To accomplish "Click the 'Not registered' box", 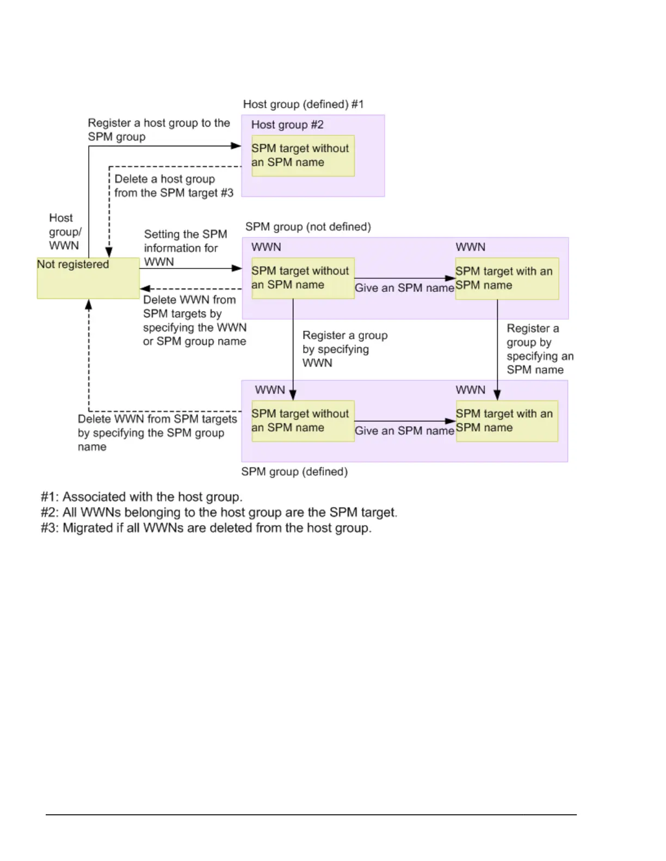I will [88, 278].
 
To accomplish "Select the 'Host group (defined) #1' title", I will [303, 104].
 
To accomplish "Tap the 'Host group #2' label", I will [287, 125].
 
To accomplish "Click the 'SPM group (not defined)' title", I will [308, 227].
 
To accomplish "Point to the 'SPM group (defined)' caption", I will [294, 471].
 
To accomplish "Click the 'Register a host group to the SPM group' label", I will [159, 130].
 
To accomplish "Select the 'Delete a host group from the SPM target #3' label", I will [174, 186].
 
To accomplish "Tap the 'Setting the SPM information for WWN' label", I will [185, 248].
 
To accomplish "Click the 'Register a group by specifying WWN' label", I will [344, 349].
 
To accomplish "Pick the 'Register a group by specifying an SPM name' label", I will [539, 349].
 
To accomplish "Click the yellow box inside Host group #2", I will [303, 155].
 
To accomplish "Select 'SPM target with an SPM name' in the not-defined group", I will [507, 278].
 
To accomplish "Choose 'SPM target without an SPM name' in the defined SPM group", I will [303, 421].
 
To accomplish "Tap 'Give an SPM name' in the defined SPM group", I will [404, 431].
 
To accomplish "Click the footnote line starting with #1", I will [141, 497].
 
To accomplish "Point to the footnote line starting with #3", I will [206, 528].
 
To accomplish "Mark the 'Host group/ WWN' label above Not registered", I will [65, 232].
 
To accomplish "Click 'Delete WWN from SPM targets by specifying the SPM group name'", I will [157, 433].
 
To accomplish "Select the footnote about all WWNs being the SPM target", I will [219, 513].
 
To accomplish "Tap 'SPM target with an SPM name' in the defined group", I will [507, 421].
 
